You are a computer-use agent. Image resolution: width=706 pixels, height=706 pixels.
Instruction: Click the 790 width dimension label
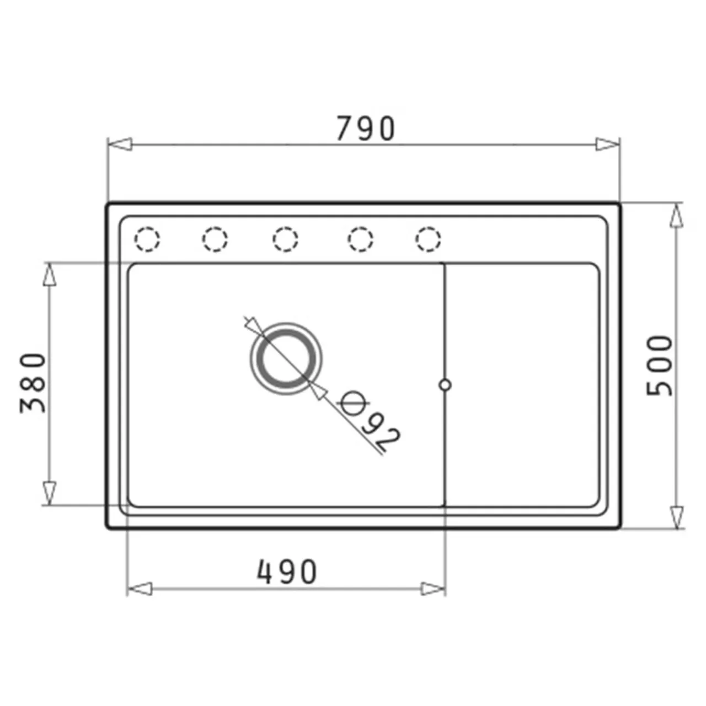366,128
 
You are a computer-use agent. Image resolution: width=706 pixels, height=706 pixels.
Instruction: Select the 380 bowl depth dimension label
33,383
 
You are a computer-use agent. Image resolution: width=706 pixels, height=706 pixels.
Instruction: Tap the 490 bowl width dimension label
286,571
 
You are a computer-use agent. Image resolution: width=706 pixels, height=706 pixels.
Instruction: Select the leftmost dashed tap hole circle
147,239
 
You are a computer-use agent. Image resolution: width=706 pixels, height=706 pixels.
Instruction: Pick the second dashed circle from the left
215,239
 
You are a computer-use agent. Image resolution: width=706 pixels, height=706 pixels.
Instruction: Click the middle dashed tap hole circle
285,239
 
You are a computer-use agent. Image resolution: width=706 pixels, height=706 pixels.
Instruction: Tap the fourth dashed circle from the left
361,239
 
